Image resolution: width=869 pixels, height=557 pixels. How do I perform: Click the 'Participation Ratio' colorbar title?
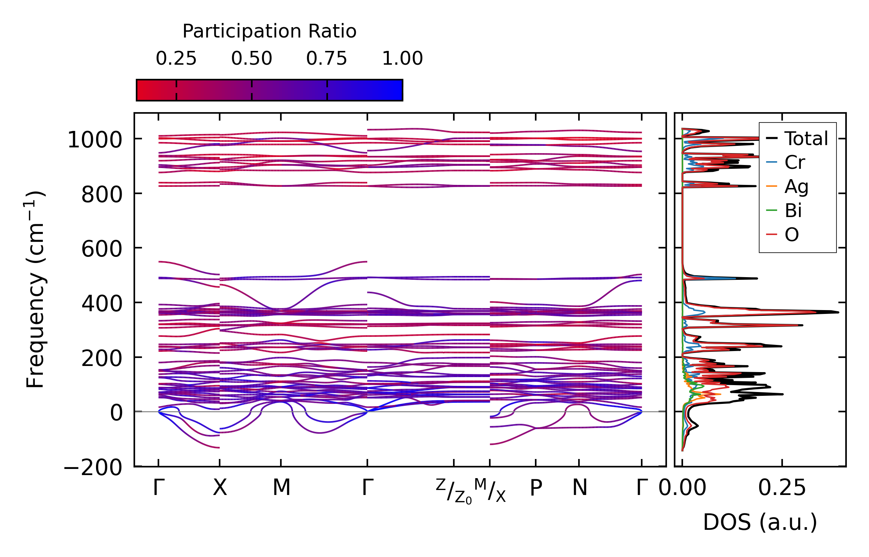pyautogui.click(x=269, y=31)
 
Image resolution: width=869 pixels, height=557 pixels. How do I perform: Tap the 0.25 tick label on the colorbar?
pyautogui.click(x=176, y=59)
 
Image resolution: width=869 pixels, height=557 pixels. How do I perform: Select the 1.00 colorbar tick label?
pyautogui.click(x=403, y=59)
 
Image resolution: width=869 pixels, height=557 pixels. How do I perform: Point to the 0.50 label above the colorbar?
pyautogui.click(x=251, y=59)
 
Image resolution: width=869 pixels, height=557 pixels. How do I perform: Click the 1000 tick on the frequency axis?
pyautogui.click(x=95, y=140)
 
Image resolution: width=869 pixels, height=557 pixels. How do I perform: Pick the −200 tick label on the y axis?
pyautogui.click(x=93, y=467)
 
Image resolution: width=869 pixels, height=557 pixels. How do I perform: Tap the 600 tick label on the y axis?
pyautogui.click(x=101, y=249)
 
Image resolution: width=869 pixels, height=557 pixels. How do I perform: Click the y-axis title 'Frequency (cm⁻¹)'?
pyautogui.click(x=36, y=289)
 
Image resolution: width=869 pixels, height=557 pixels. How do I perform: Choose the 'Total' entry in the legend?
pyautogui.click(x=806, y=139)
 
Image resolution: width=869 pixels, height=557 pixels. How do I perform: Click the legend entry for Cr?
pyautogui.click(x=794, y=163)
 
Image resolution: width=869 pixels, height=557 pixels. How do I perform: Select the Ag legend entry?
pyautogui.click(x=796, y=187)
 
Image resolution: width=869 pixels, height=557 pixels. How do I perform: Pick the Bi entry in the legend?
pyautogui.click(x=793, y=211)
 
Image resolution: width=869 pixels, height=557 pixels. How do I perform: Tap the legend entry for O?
pyautogui.click(x=792, y=235)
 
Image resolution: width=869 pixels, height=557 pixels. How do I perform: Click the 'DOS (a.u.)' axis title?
pyautogui.click(x=760, y=523)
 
